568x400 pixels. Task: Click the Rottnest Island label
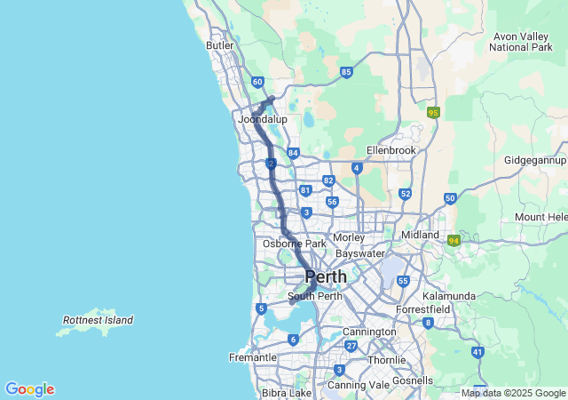(99, 320)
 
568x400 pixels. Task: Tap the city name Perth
(326, 276)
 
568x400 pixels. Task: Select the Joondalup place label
(263, 118)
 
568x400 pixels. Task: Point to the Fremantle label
(252, 357)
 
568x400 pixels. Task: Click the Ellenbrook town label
(391, 150)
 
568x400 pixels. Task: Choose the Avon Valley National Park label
(522, 41)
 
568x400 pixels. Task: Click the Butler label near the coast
(220, 45)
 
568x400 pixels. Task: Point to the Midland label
(420, 235)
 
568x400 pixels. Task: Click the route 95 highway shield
(433, 113)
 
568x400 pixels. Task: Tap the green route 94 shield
(454, 241)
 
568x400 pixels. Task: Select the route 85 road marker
(346, 72)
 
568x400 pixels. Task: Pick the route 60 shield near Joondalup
(257, 83)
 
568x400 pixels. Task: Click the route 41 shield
(478, 353)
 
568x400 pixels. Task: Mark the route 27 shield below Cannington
(351, 346)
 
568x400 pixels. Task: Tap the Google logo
(29, 389)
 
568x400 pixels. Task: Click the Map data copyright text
(513, 393)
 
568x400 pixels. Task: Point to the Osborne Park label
(295, 244)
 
